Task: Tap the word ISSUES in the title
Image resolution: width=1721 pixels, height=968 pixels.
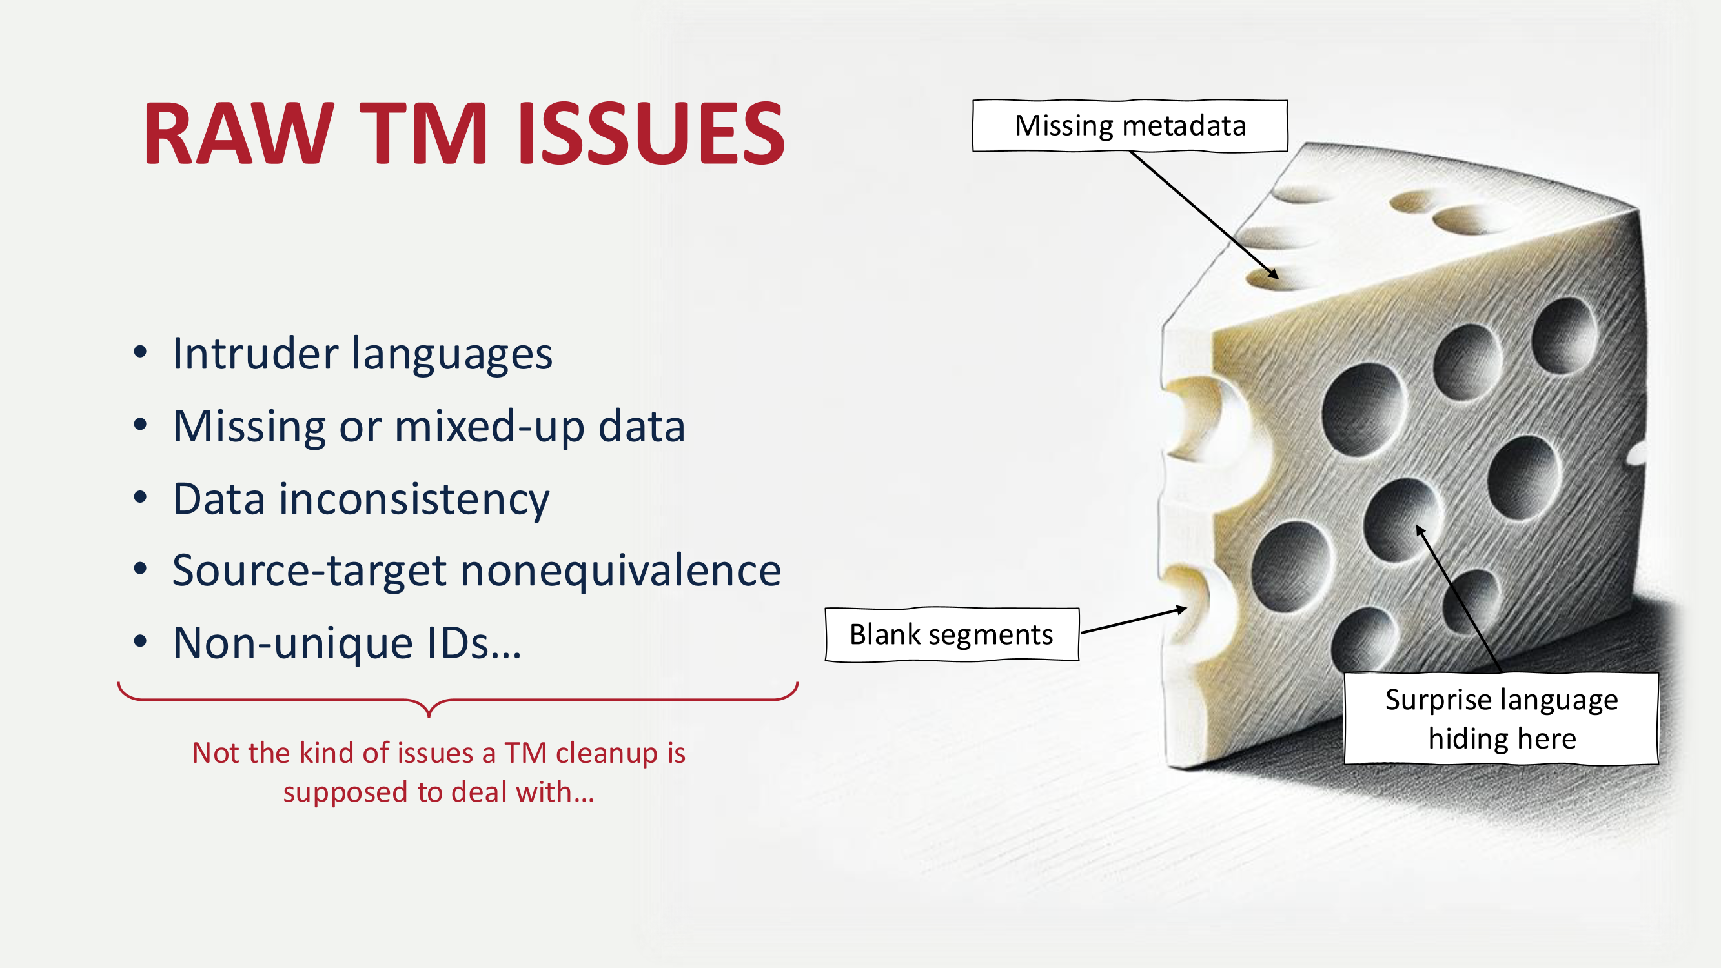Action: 651,133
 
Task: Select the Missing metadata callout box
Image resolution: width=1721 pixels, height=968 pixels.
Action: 1130,126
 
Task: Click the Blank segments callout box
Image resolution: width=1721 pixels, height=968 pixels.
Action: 952,634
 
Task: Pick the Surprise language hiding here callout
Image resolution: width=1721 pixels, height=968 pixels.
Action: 1502,719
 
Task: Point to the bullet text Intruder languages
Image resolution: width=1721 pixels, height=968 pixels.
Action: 362,354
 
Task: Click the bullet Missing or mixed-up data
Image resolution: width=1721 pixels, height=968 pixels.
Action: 429,426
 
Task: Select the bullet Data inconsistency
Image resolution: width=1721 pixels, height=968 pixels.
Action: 361,499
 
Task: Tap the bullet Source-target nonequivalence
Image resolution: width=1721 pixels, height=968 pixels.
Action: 476,570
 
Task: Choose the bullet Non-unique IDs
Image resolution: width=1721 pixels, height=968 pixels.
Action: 347,643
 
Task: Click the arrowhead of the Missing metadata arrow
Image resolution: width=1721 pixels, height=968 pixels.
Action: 1274,274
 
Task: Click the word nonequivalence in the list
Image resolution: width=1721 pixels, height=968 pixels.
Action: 620,570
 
